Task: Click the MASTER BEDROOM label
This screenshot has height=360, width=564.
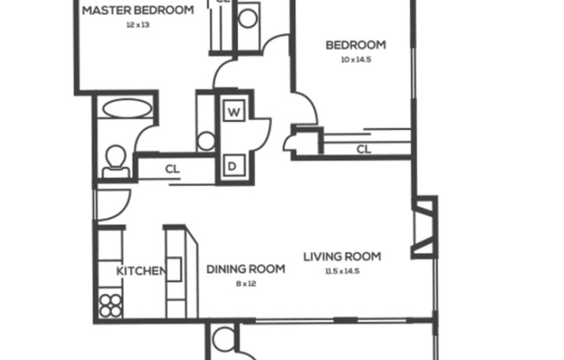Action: [137, 11]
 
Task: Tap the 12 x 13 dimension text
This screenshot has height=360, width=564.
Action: [138, 26]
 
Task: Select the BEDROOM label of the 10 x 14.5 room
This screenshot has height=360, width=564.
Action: [355, 46]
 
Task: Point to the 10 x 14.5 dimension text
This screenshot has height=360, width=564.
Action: [355, 61]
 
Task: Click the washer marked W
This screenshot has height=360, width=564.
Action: [234, 112]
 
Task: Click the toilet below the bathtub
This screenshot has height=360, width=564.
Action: [114, 160]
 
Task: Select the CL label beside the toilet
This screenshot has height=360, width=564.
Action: [172, 169]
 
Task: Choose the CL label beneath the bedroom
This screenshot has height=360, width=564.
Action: [363, 150]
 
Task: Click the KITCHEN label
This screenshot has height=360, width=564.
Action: [140, 271]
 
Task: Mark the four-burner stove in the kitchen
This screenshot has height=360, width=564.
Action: [111, 305]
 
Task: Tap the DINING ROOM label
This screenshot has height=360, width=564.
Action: [246, 269]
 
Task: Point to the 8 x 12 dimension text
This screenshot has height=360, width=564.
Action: [246, 284]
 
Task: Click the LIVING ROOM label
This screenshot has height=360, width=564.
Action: [342, 256]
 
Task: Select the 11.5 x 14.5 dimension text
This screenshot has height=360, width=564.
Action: [342, 271]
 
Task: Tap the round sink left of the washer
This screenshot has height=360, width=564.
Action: [206, 141]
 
